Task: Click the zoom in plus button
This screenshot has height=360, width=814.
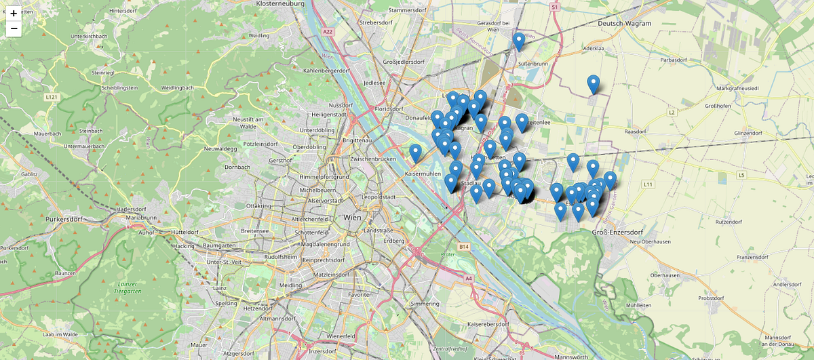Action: (x=14, y=13)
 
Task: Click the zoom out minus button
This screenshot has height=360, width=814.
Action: (x=14, y=28)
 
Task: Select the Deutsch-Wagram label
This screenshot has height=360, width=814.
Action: (x=624, y=23)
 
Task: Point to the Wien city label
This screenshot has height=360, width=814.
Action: (x=353, y=218)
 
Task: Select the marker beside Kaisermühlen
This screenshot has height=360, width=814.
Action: (x=415, y=153)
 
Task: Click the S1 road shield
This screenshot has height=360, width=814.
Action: (x=554, y=7)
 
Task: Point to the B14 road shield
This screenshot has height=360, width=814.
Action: (x=464, y=247)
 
